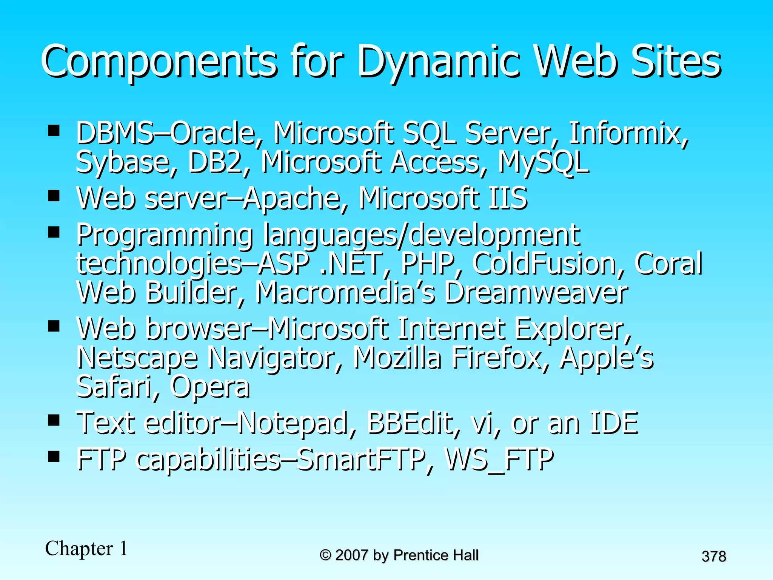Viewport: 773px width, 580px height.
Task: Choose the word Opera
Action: coord(210,387)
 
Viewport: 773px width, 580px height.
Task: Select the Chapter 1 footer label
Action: coord(86,548)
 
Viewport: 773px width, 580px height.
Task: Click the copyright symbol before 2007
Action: coord(325,555)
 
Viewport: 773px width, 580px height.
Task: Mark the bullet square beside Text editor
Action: coord(54,420)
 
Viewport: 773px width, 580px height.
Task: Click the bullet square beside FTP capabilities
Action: coord(54,457)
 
